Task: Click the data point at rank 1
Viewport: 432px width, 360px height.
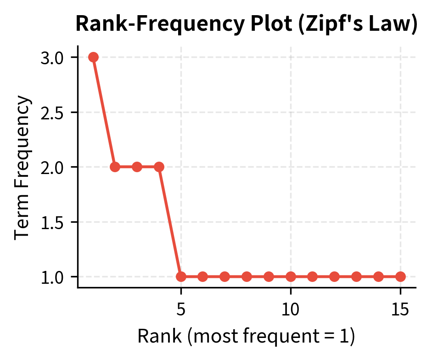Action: click(x=93, y=57)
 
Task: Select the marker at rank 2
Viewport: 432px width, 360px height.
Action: click(x=115, y=167)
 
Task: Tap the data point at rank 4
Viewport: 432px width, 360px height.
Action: click(x=159, y=167)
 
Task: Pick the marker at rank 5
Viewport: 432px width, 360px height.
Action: click(x=181, y=276)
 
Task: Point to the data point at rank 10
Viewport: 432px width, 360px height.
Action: click(x=291, y=276)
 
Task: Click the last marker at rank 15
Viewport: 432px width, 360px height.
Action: click(x=400, y=276)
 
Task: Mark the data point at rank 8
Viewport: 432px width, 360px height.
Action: click(x=247, y=276)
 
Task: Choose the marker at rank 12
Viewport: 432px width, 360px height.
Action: click(x=334, y=276)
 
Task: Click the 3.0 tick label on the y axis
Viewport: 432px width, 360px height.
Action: click(x=52, y=57)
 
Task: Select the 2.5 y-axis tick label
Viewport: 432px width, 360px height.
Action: click(x=52, y=112)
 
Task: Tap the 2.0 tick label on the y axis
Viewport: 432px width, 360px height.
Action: click(x=52, y=167)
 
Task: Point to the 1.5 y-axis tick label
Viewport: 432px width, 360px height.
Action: click(x=52, y=222)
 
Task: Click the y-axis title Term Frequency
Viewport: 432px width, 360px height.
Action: click(x=22, y=167)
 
